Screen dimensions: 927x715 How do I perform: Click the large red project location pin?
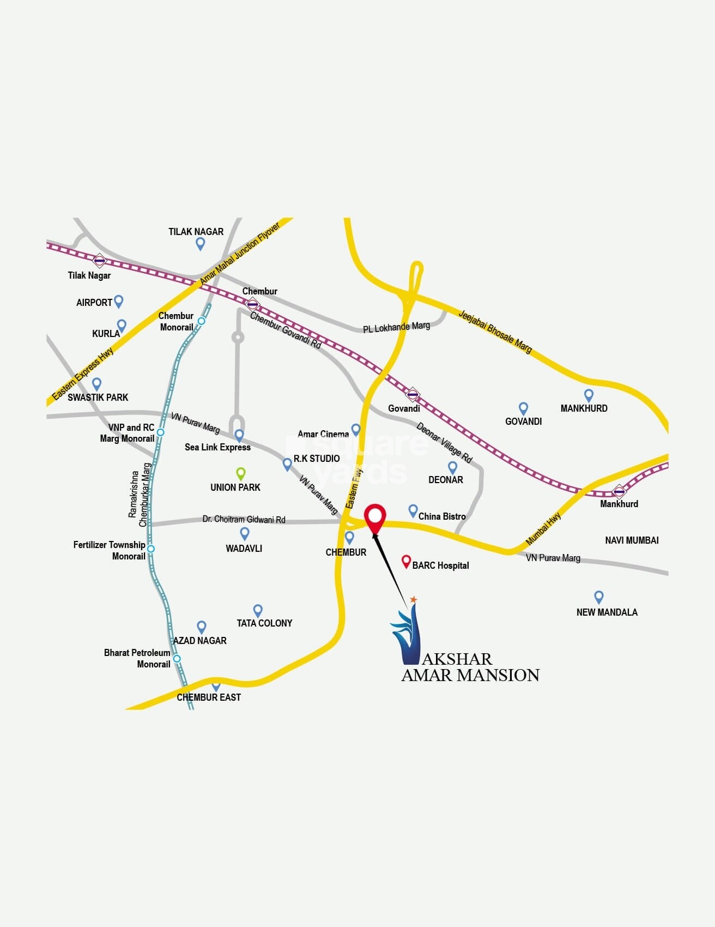click(x=375, y=516)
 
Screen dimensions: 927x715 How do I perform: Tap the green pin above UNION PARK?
click(x=240, y=473)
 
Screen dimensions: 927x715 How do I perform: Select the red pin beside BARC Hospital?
click(x=406, y=561)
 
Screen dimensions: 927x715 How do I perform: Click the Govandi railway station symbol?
click(x=413, y=394)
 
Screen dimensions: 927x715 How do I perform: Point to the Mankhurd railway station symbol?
click(x=619, y=491)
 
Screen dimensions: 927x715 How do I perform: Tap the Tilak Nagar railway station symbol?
click(x=99, y=261)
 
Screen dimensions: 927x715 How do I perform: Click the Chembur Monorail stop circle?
click(x=202, y=321)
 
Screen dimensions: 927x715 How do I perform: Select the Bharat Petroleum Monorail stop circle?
click(x=177, y=659)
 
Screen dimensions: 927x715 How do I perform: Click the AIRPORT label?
click(x=94, y=303)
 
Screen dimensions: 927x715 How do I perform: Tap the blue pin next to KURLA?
click(x=122, y=325)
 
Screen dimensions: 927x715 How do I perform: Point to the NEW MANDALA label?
click(x=607, y=612)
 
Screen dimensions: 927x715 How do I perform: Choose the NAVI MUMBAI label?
click(x=632, y=540)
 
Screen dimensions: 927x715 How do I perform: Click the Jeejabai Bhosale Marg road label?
click(x=495, y=331)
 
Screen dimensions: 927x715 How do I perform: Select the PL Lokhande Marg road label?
click(x=396, y=327)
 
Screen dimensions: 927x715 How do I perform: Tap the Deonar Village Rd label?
click(x=444, y=442)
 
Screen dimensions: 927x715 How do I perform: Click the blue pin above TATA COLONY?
click(x=258, y=610)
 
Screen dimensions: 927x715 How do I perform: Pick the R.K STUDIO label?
click(x=317, y=459)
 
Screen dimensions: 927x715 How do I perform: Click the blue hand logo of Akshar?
click(x=406, y=633)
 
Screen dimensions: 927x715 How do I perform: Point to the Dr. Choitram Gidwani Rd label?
click(x=244, y=519)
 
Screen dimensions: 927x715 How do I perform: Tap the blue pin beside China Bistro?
click(x=413, y=510)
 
